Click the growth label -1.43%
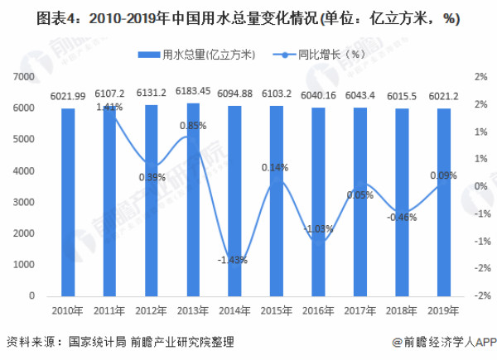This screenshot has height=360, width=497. [234, 260]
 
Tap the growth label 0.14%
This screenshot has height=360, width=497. [274, 167]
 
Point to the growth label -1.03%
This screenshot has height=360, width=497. [317, 228]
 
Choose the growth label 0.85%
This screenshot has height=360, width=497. [192, 126]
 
